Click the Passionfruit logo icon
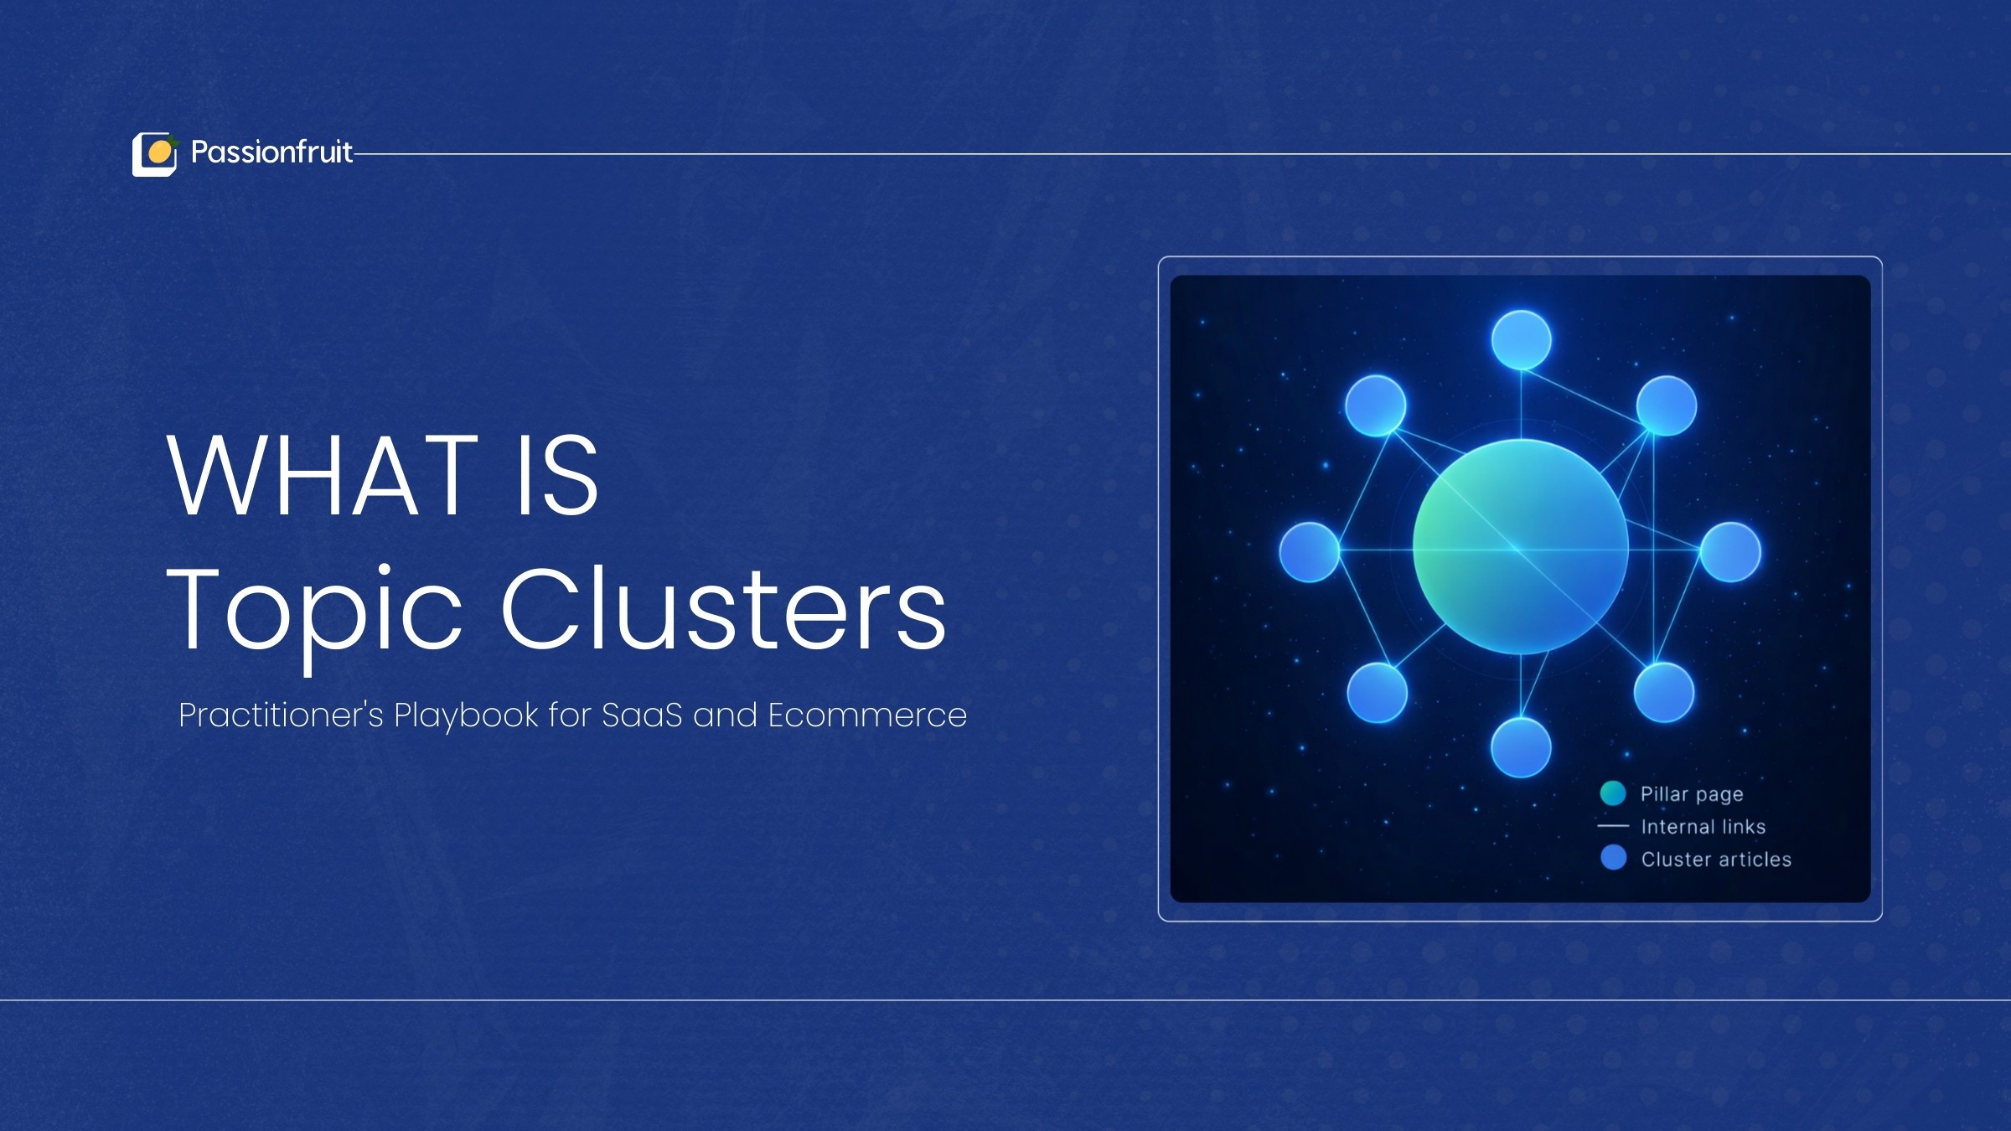click(155, 154)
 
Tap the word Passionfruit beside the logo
click(271, 152)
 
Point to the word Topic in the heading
click(314, 616)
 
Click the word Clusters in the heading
click(724, 608)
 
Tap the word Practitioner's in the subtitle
click(281, 715)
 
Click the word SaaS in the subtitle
click(642, 715)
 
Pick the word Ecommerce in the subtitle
click(867, 715)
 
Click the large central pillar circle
click(1521, 547)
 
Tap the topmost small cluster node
click(1522, 340)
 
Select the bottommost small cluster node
click(1521, 747)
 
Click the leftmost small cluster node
click(1310, 552)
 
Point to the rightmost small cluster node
click(1730, 552)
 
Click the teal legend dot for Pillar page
click(1613, 793)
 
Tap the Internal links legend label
click(1703, 827)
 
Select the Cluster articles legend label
click(1716, 860)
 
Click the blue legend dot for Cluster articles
click(1613, 858)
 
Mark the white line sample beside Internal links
click(1613, 826)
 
